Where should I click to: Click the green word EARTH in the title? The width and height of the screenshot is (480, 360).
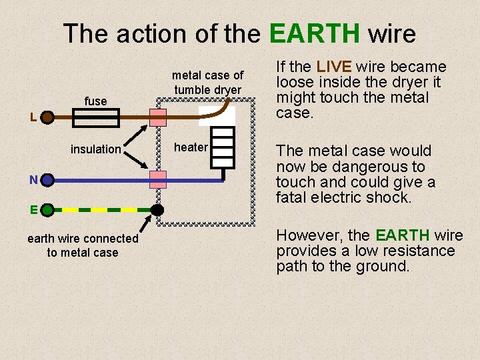pos(315,33)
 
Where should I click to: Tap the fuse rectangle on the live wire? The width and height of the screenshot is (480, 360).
pos(95,119)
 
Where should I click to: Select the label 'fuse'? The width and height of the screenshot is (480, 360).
pos(95,101)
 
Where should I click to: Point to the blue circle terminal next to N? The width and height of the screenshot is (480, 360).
pos(47,180)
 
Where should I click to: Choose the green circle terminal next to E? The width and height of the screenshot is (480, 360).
pos(47,210)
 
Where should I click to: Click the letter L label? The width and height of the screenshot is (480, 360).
pos(33,118)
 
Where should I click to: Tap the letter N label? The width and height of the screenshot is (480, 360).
pos(33,179)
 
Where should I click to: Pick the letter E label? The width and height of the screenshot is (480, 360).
pos(33,209)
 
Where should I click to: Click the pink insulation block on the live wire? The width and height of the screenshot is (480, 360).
pos(158,118)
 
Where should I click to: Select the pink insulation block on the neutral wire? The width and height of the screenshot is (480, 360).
pos(158,179)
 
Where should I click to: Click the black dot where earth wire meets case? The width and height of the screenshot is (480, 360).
pos(157,209)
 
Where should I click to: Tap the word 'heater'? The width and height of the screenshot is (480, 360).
pos(191,147)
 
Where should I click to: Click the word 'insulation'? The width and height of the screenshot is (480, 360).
pos(95,149)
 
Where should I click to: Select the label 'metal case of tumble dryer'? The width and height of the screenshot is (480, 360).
pos(208,83)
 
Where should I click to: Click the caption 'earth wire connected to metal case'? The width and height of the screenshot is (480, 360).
pos(83,245)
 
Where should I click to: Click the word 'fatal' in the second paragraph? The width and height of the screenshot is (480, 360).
pos(292,197)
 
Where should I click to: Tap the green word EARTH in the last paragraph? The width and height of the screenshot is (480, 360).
pos(402,235)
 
